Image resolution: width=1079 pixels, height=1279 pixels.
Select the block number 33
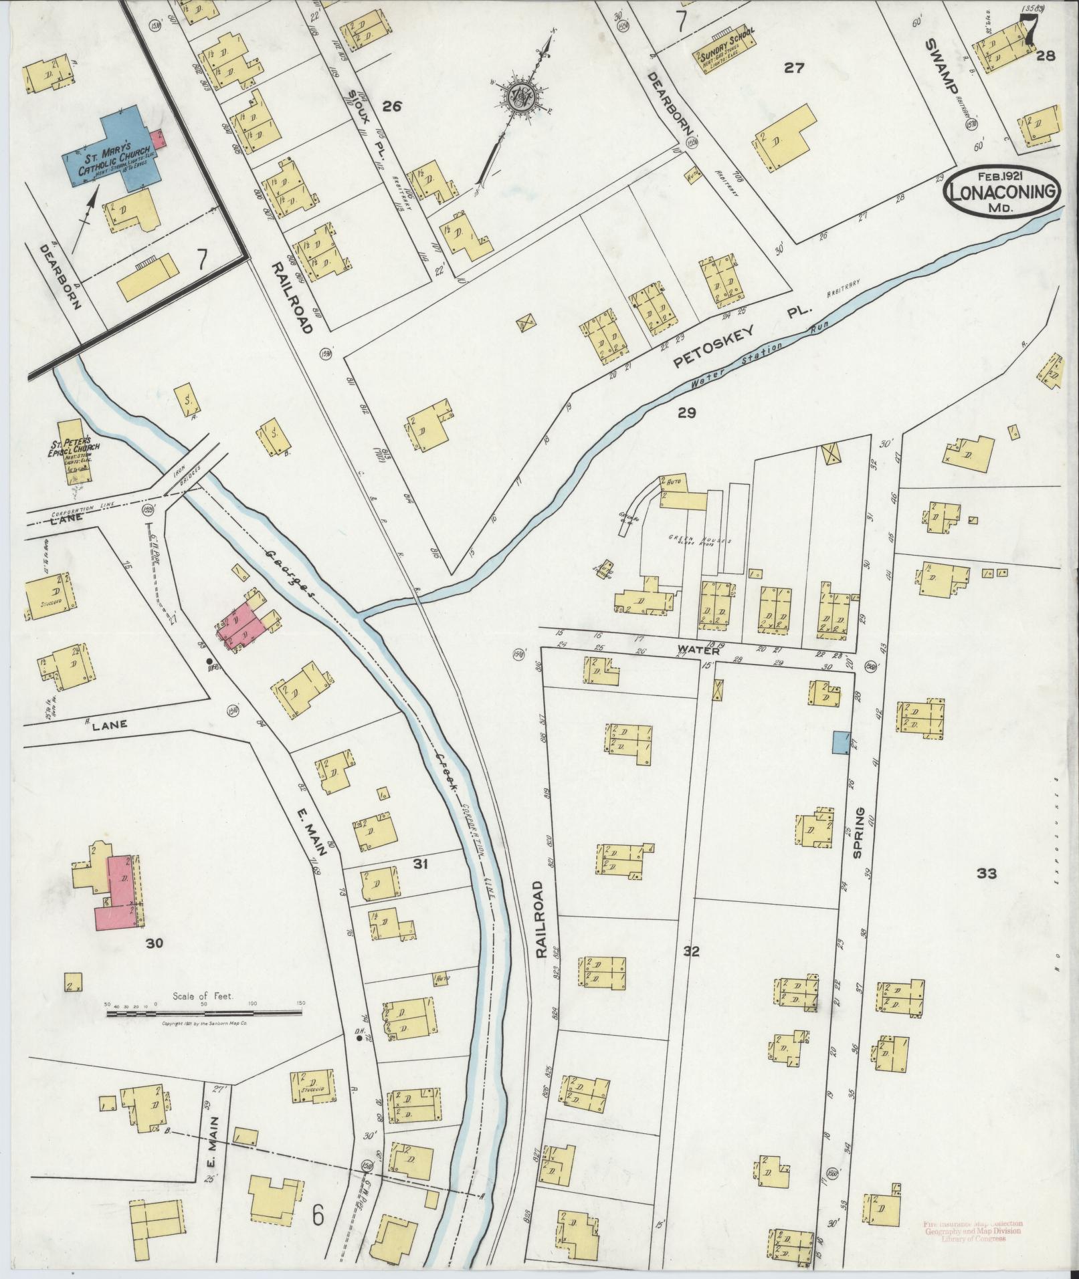[x=987, y=873]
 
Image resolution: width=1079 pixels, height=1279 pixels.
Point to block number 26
[x=392, y=106]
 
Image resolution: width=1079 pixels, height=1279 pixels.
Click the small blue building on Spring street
[x=840, y=743]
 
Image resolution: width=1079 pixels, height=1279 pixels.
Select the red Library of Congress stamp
[x=973, y=1231]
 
